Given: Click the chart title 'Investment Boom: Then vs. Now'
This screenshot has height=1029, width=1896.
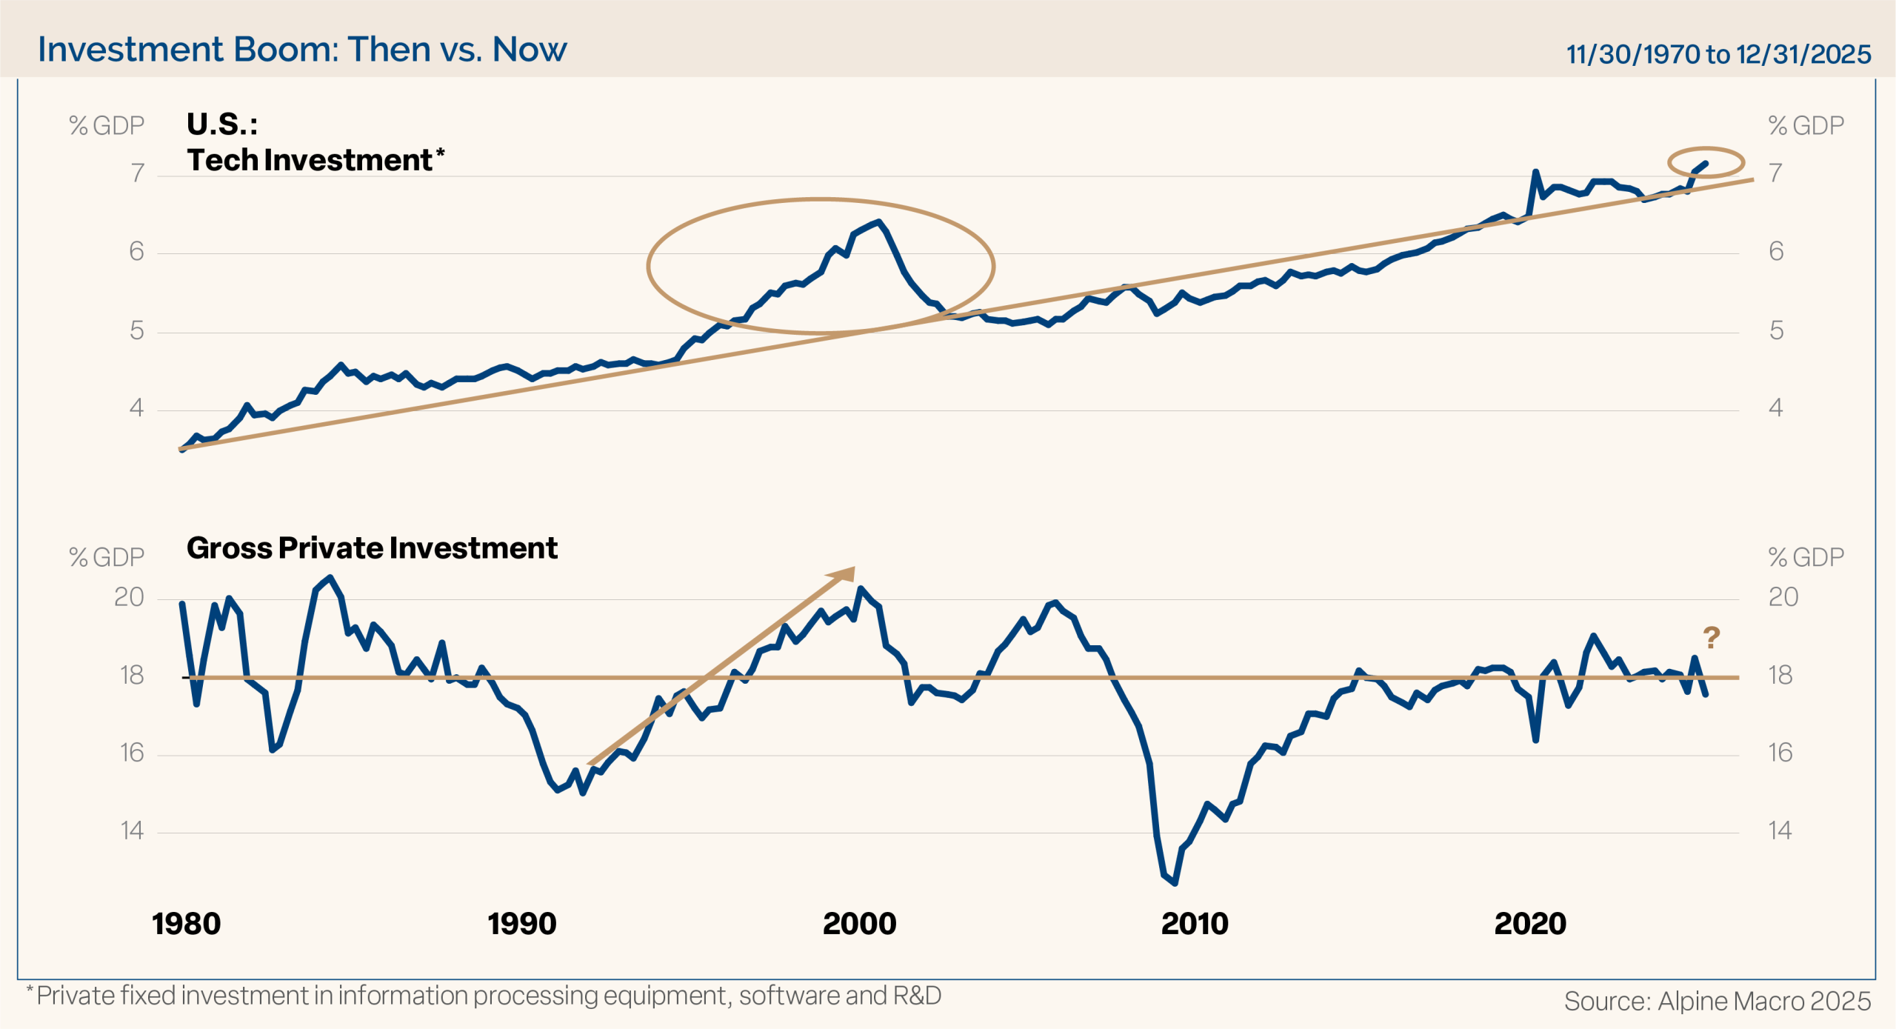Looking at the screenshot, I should point(302,50).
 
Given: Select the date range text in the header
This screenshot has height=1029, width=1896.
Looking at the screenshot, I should point(1718,54).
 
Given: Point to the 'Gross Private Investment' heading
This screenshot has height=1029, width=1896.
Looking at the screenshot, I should point(372,548).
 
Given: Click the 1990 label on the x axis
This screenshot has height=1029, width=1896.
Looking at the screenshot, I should point(521,924).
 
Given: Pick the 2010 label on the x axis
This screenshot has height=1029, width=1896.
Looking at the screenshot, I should point(1194,924).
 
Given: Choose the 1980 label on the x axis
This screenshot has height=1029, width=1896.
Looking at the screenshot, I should point(187,924).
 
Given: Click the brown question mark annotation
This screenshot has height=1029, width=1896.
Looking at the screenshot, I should point(1711,637).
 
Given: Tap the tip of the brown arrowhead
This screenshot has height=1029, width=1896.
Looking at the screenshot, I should point(854,568).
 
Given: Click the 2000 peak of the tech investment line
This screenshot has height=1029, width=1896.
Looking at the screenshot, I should point(878,222).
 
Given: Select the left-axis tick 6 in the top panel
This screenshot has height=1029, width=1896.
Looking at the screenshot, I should point(136,252).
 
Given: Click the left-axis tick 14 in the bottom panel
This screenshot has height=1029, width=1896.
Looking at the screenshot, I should point(132,830).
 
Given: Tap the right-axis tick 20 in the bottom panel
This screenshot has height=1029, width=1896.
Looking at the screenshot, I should point(1783,597).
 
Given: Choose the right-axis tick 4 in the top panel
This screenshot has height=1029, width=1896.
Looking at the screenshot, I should point(1776,407).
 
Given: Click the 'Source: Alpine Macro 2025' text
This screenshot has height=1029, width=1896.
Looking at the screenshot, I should point(1717,1001).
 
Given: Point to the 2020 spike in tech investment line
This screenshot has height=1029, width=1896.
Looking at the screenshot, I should point(1535,172).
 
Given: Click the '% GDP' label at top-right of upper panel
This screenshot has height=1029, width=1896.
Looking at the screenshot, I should point(1806,126).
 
